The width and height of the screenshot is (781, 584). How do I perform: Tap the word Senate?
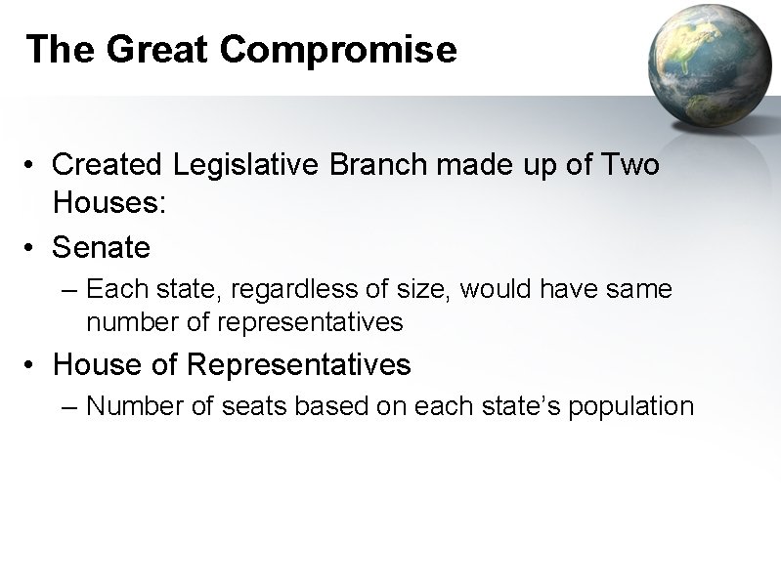click(x=102, y=248)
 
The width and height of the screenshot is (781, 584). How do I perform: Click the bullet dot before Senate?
click(x=33, y=249)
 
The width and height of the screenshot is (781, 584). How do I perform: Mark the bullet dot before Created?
click(x=33, y=166)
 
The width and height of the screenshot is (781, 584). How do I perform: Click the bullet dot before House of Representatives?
click(x=33, y=366)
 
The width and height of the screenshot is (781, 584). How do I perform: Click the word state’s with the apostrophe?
click(x=519, y=406)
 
